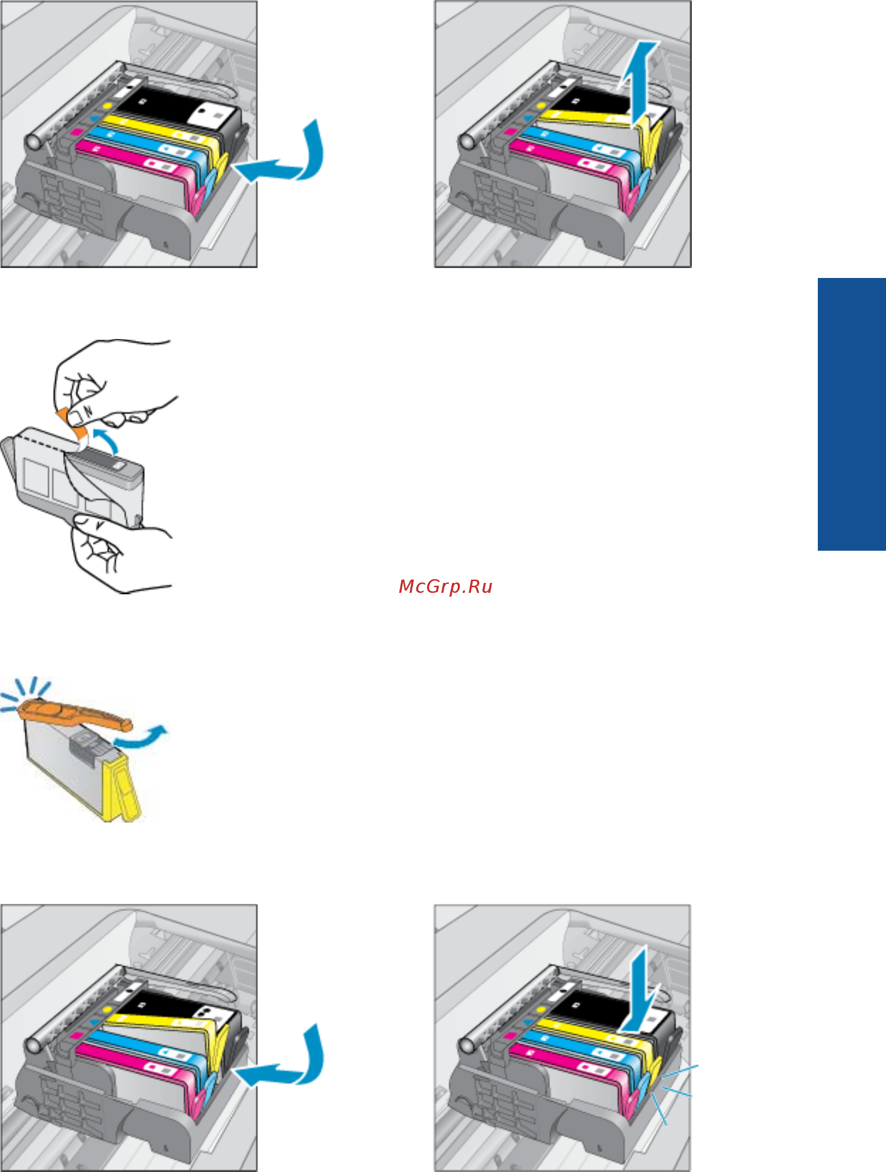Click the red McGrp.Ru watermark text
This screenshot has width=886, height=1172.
pyautogui.click(x=446, y=587)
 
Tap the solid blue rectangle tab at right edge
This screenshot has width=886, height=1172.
pyautogui.click(x=851, y=414)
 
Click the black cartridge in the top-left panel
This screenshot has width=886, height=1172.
pyautogui.click(x=175, y=111)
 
